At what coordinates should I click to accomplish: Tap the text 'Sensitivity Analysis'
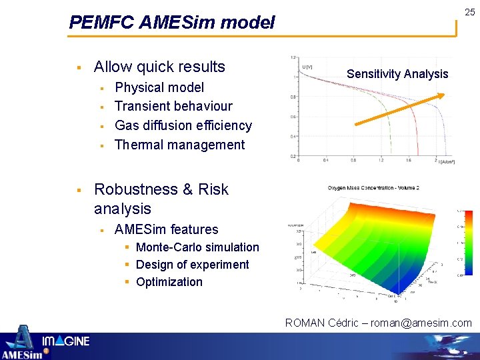click(397, 74)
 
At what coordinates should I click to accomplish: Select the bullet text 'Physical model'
click(159, 87)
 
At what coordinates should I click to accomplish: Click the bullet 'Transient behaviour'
click(173, 106)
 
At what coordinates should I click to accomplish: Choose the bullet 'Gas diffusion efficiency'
click(183, 125)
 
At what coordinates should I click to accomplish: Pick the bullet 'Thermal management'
click(179, 145)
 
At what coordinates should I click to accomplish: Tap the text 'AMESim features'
click(166, 229)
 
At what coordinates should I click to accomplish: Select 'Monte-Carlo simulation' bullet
click(197, 247)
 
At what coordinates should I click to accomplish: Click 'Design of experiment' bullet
click(192, 265)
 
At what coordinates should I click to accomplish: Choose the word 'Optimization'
click(169, 282)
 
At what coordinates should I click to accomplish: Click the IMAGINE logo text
click(66, 342)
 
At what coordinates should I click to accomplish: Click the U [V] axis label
click(307, 67)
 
